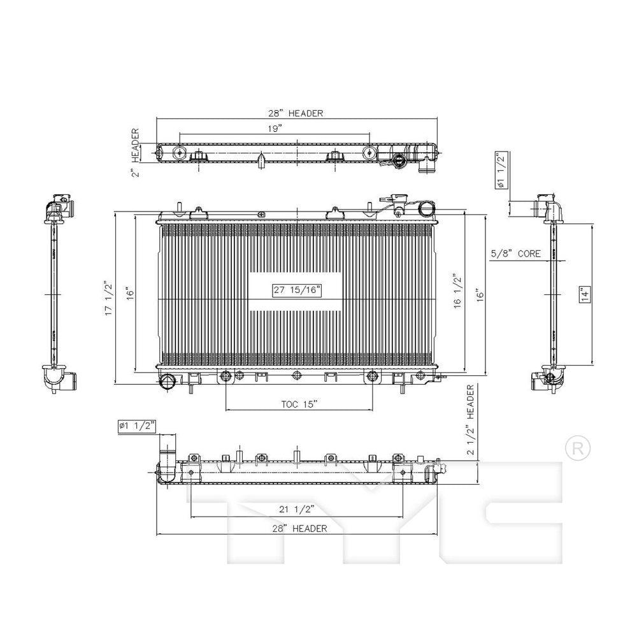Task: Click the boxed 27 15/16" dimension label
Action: tap(297, 290)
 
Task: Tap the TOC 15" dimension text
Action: tap(299, 404)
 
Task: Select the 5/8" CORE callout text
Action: tap(516, 254)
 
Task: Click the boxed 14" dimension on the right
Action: tap(585, 293)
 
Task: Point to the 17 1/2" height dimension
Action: tap(108, 297)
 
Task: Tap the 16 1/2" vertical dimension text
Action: tap(457, 292)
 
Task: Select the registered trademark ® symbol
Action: tap(578, 448)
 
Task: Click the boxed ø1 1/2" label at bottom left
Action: tap(137, 426)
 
